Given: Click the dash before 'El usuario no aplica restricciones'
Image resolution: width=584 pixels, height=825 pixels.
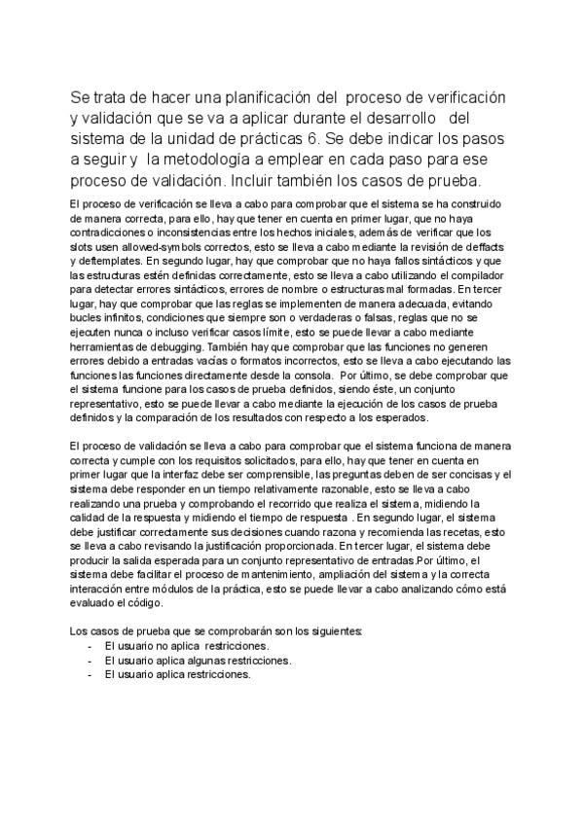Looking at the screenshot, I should click(90, 646).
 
